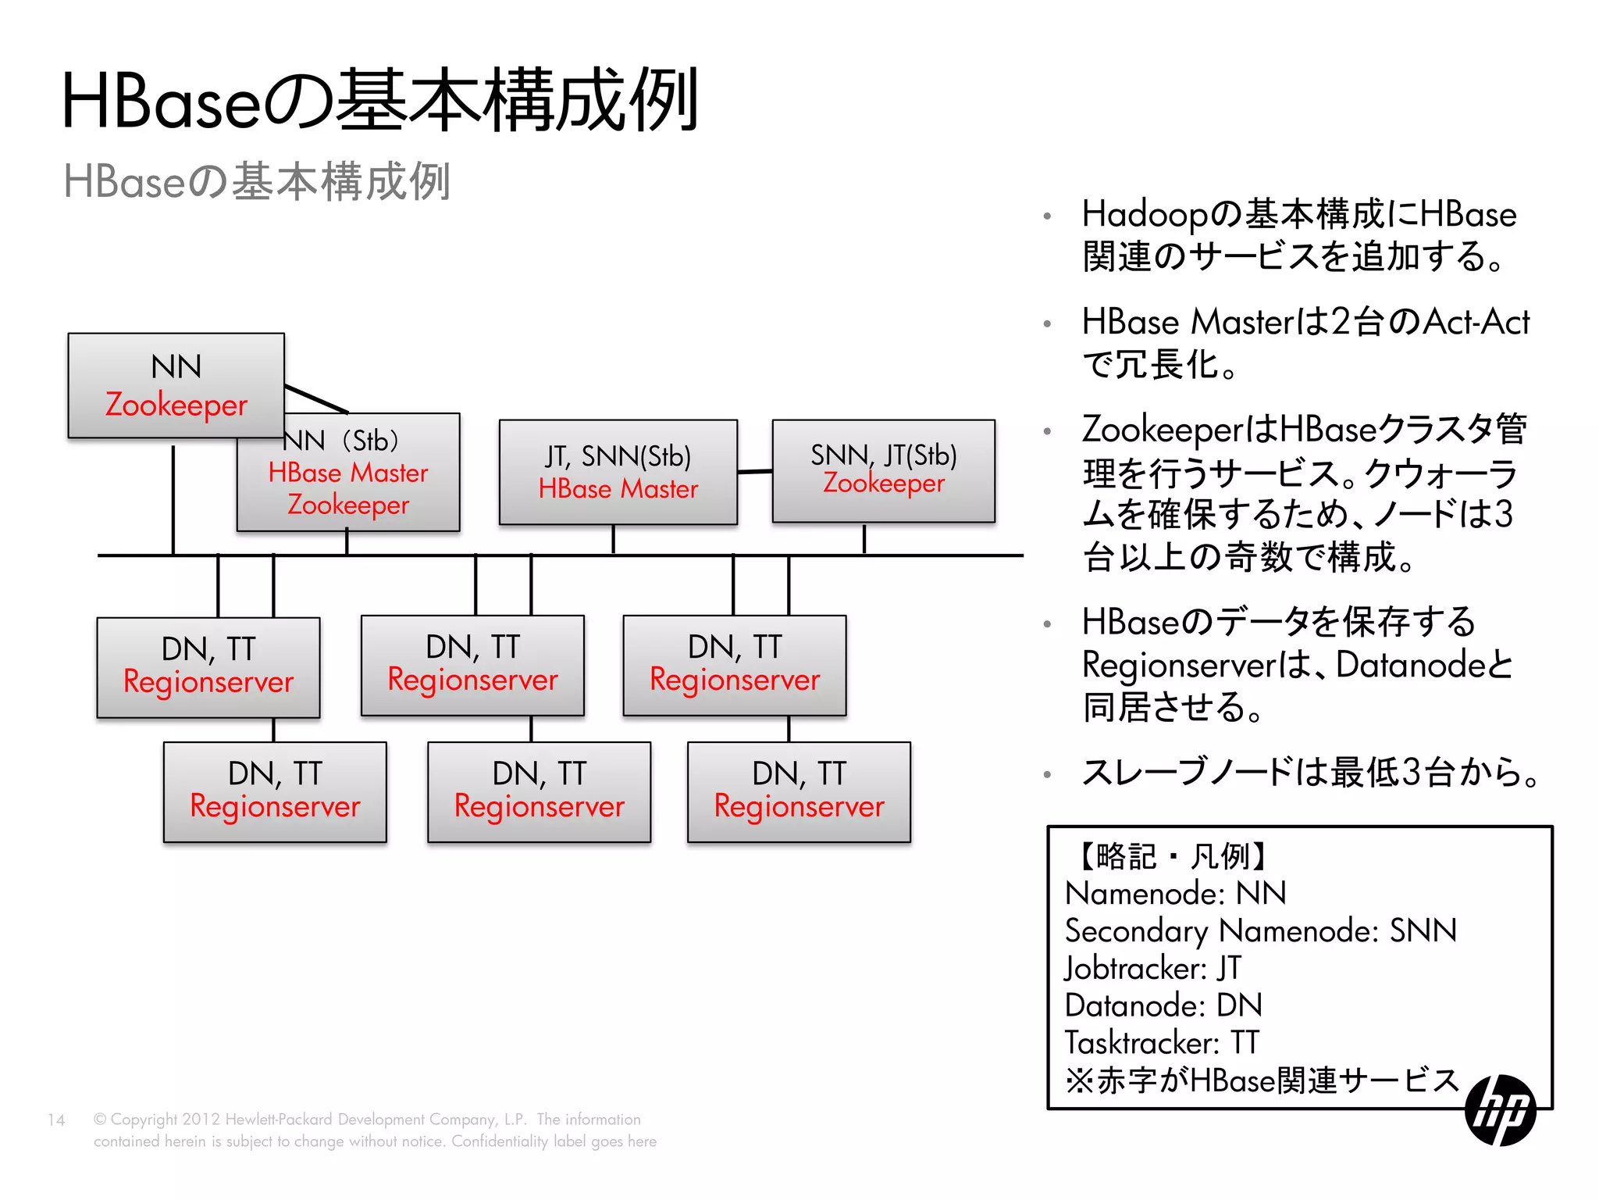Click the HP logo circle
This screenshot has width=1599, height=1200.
(x=1500, y=1110)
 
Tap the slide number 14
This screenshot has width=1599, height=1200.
(x=56, y=1120)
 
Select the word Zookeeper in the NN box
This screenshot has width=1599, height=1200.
(x=176, y=405)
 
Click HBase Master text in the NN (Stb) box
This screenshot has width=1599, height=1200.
(x=348, y=473)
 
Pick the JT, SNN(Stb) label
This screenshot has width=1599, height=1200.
(x=618, y=456)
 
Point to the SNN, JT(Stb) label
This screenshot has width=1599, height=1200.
(x=883, y=455)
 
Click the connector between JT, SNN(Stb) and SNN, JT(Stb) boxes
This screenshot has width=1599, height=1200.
(x=755, y=471)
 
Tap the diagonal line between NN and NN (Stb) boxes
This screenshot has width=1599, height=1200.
(x=316, y=398)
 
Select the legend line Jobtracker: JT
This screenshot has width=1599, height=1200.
(x=1152, y=968)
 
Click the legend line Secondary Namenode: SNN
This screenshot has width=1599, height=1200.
(x=1260, y=930)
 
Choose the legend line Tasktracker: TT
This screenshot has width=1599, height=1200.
(x=1161, y=1043)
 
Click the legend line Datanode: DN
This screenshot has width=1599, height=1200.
(x=1163, y=1005)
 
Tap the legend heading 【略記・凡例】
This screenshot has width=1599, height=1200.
(x=1171, y=856)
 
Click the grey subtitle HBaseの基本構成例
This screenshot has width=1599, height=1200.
(x=256, y=181)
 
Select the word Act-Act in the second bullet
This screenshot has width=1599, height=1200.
(x=1476, y=322)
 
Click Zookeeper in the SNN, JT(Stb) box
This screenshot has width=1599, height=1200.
(x=883, y=484)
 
